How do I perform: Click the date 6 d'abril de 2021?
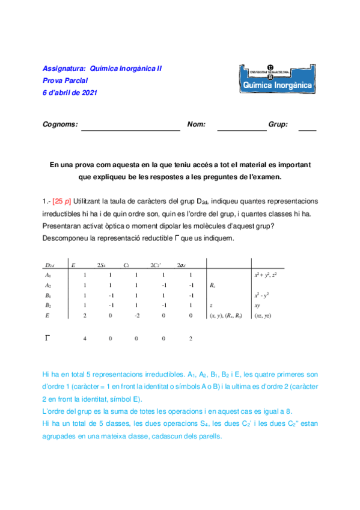click(x=70, y=93)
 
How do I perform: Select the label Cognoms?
click(x=60, y=124)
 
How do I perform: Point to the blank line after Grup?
click(x=307, y=129)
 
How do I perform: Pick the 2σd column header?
click(x=181, y=265)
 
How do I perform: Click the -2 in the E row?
click(x=136, y=315)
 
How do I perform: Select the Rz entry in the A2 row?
click(x=212, y=285)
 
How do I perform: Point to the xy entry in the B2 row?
click(x=257, y=306)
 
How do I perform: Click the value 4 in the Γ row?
click(x=85, y=339)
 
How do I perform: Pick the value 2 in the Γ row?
click(x=190, y=339)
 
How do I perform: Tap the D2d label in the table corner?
click(x=50, y=265)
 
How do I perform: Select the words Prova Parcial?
click(x=66, y=81)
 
